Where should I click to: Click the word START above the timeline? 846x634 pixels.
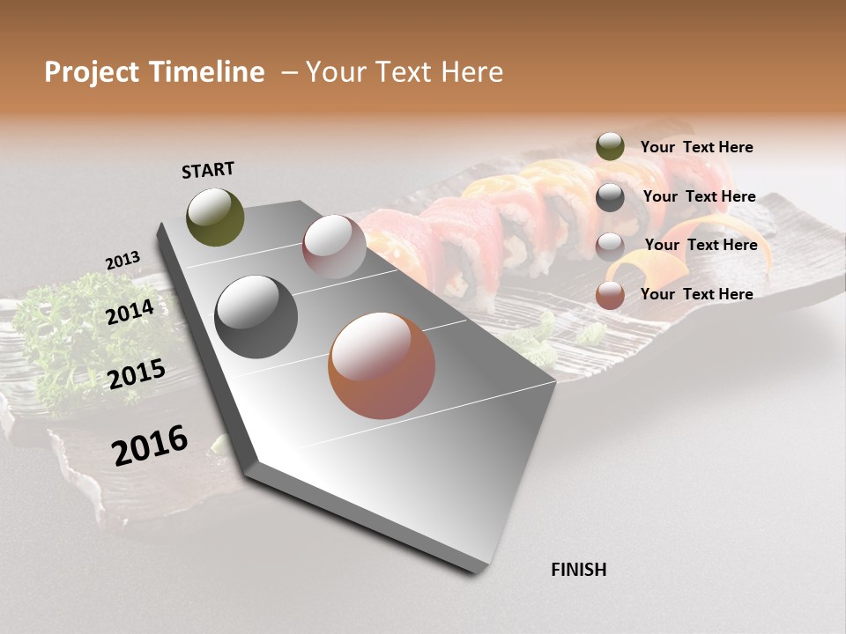coord(208,170)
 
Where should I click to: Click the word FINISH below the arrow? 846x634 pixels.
coord(578,570)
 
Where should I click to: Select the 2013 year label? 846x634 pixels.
coord(122,261)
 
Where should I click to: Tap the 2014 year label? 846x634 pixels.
coord(130,312)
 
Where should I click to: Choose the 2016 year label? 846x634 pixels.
coord(150,445)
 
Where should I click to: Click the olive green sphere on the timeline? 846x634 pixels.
coord(215,217)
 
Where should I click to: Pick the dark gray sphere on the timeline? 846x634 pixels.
coord(256,317)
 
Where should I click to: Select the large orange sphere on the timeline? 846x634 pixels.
coord(381,365)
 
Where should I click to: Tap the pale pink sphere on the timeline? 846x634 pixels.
coord(334,247)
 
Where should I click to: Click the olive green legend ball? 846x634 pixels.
coord(610,147)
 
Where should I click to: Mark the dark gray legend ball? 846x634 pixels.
coord(610,197)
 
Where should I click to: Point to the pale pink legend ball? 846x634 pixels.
coord(610,246)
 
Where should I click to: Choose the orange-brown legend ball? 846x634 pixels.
coord(610,295)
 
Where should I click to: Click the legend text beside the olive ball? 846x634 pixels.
coord(696,147)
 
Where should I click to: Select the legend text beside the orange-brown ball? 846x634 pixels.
coord(696,294)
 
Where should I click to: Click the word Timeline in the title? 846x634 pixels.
coord(208,72)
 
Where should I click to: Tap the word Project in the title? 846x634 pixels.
coord(92,72)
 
